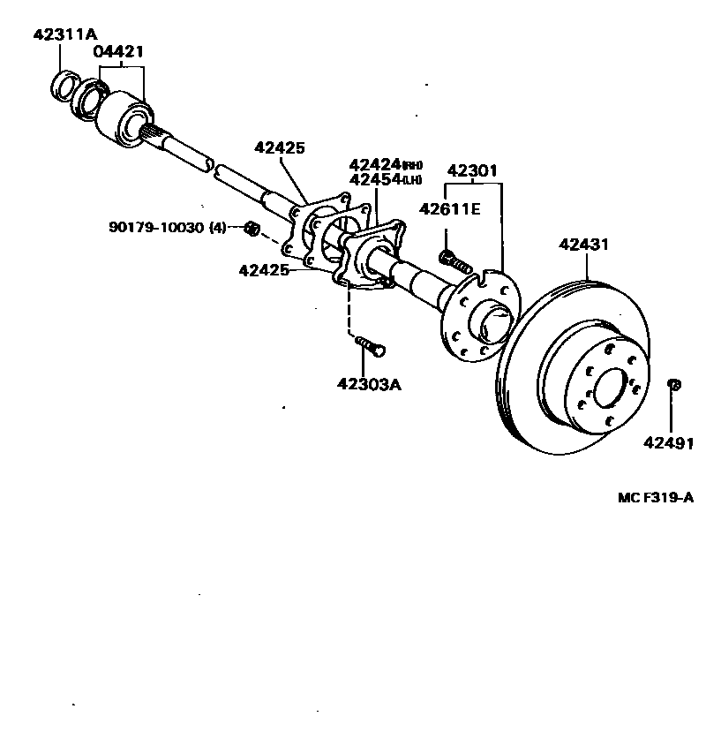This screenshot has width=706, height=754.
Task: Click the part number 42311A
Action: (x=64, y=35)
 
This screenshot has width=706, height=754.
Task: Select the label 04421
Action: (x=119, y=52)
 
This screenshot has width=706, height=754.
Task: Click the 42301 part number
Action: (x=473, y=170)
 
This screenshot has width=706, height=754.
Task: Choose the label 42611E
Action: (x=449, y=209)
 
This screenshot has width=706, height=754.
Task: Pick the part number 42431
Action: (x=583, y=245)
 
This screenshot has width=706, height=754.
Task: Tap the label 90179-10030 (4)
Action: (x=168, y=227)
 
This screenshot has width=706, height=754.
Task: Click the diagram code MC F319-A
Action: (x=656, y=497)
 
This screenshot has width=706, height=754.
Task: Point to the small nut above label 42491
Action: (x=673, y=384)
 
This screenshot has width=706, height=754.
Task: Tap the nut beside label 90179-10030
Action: (x=251, y=229)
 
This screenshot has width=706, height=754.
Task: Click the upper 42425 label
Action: (x=280, y=148)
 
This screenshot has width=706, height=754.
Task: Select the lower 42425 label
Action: (x=264, y=269)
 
